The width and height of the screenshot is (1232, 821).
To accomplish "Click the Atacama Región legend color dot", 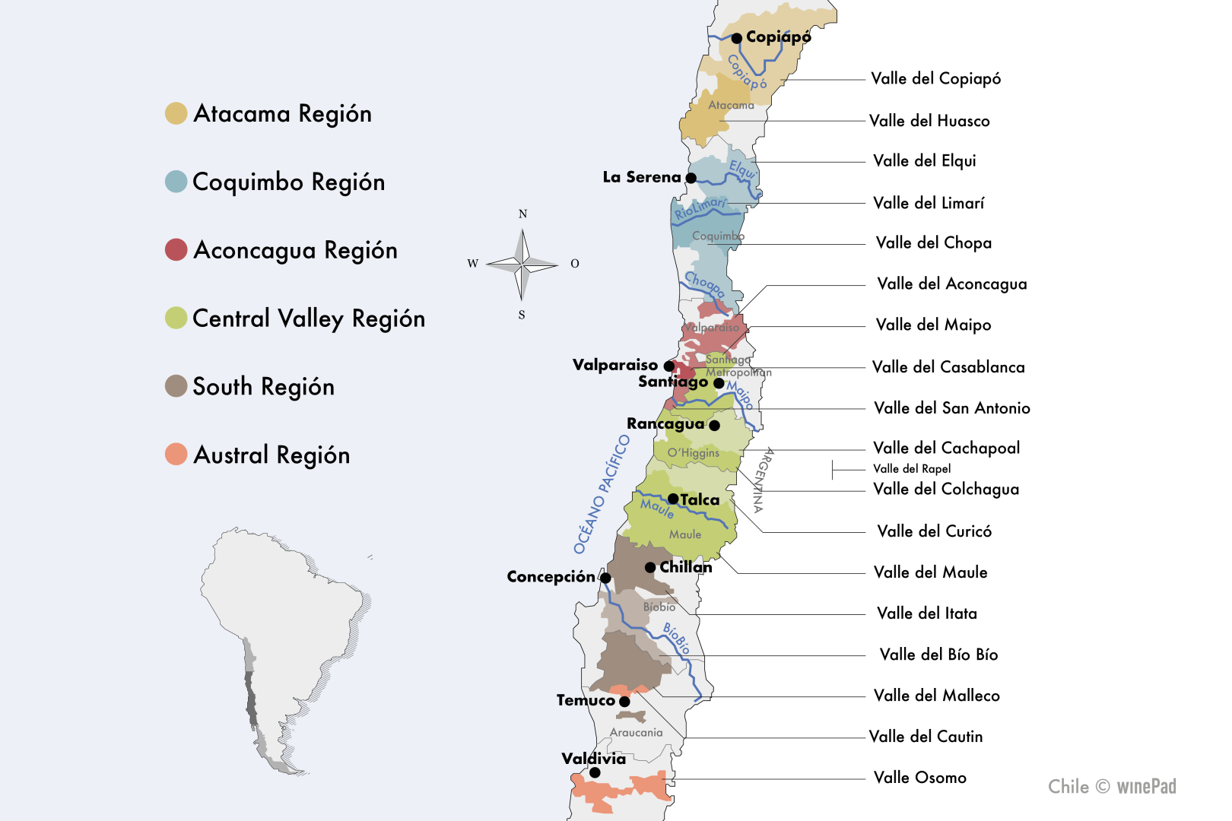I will (x=176, y=113).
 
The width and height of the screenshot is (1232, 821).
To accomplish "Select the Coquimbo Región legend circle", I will (x=176, y=182).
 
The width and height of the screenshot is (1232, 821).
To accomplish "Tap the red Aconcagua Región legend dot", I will (x=176, y=249).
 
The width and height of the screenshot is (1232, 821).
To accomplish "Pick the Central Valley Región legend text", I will (x=308, y=319).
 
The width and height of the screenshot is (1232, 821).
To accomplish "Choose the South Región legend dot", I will (x=176, y=386).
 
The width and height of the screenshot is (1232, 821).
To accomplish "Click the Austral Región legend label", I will (x=271, y=455).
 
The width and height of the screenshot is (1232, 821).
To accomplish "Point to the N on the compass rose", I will (x=522, y=214).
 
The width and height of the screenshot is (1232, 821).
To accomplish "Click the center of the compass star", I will (x=522, y=265).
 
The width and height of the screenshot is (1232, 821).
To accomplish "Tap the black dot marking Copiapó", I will (x=737, y=38).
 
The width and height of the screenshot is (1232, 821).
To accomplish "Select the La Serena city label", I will (x=641, y=177).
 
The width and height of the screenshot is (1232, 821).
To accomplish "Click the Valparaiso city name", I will (x=614, y=365).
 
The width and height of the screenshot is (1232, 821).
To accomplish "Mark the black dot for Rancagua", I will (x=714, y=426).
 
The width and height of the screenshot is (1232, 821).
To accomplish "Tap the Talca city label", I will (x=700, y=499).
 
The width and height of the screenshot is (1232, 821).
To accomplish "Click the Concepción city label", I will (x=551, y=577).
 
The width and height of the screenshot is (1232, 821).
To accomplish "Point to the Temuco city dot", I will (x=624, y=701).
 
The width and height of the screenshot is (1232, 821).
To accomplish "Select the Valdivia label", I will (x=593, y=759).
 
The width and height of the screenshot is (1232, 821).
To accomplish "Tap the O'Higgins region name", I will (x=693, y=453).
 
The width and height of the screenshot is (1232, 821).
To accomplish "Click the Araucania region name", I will (x=637, y=733).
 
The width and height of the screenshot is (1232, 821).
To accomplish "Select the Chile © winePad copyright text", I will (x=1112, y=786).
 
